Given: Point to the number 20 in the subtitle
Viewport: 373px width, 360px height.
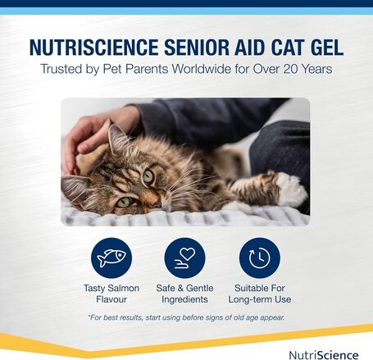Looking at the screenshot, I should point(277,70).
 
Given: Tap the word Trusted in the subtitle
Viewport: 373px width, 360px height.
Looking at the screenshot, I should point(66,70).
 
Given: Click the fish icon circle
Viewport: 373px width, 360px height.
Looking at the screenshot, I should point(111,258).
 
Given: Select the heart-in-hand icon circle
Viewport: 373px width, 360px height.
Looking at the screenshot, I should point(185,258).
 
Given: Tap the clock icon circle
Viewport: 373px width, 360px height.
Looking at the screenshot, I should point(260,258).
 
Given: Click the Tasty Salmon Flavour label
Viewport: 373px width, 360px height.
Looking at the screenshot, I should point(111,294).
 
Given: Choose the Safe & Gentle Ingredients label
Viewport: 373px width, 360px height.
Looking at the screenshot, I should point(185,294).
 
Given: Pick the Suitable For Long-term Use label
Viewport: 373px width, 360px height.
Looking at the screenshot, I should point(260,294).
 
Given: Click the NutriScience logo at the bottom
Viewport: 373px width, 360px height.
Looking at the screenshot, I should point(324,354).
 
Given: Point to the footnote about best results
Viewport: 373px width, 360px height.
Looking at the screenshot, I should point(186,317).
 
